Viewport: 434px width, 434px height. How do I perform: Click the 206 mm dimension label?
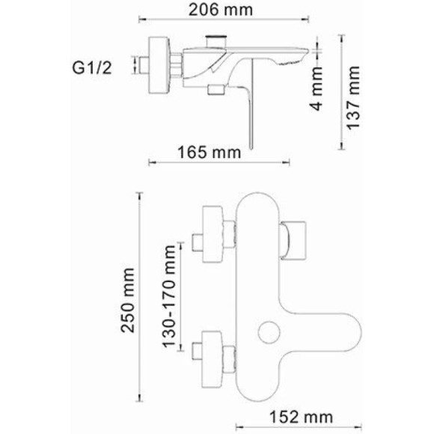219,10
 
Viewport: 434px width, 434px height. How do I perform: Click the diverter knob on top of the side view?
218,38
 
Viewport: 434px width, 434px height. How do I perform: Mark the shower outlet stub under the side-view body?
218,90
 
